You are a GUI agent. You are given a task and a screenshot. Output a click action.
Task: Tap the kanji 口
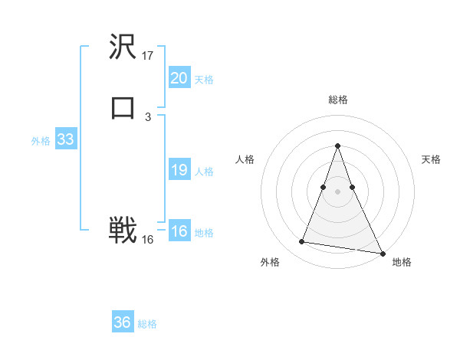click(123, 107)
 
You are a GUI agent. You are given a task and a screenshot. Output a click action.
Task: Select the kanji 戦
click(123, 230)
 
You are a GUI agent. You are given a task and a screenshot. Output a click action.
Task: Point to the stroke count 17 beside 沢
click(148, 56)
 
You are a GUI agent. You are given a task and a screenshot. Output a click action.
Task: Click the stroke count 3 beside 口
click(148, 116)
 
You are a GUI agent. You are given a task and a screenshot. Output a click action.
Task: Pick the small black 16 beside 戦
click(148, 240)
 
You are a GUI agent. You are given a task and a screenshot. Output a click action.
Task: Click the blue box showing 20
click(179, 78)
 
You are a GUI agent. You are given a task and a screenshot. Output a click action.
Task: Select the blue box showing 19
click(179, 170)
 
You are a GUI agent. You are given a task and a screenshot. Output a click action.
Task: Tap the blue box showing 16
click(179, 231)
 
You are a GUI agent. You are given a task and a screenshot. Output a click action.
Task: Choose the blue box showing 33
click(65, 139)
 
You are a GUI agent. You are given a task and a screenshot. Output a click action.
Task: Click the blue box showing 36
click(123, 322)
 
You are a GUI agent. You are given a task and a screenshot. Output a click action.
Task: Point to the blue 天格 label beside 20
click(204, 80)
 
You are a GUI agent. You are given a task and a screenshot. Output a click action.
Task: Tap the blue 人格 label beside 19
click(204, 172)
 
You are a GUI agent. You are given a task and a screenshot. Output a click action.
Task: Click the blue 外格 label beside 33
click(41, 141)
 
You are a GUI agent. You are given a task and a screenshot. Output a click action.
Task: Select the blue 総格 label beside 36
click(147, 324)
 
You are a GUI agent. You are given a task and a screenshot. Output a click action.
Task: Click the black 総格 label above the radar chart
click(338, 100)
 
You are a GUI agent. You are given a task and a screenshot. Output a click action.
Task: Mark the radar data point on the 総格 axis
click(338, 146)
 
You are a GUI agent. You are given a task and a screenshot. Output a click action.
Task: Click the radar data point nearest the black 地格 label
click(382, 252)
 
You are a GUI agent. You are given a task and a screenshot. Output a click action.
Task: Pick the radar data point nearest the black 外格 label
click(301, 242)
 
